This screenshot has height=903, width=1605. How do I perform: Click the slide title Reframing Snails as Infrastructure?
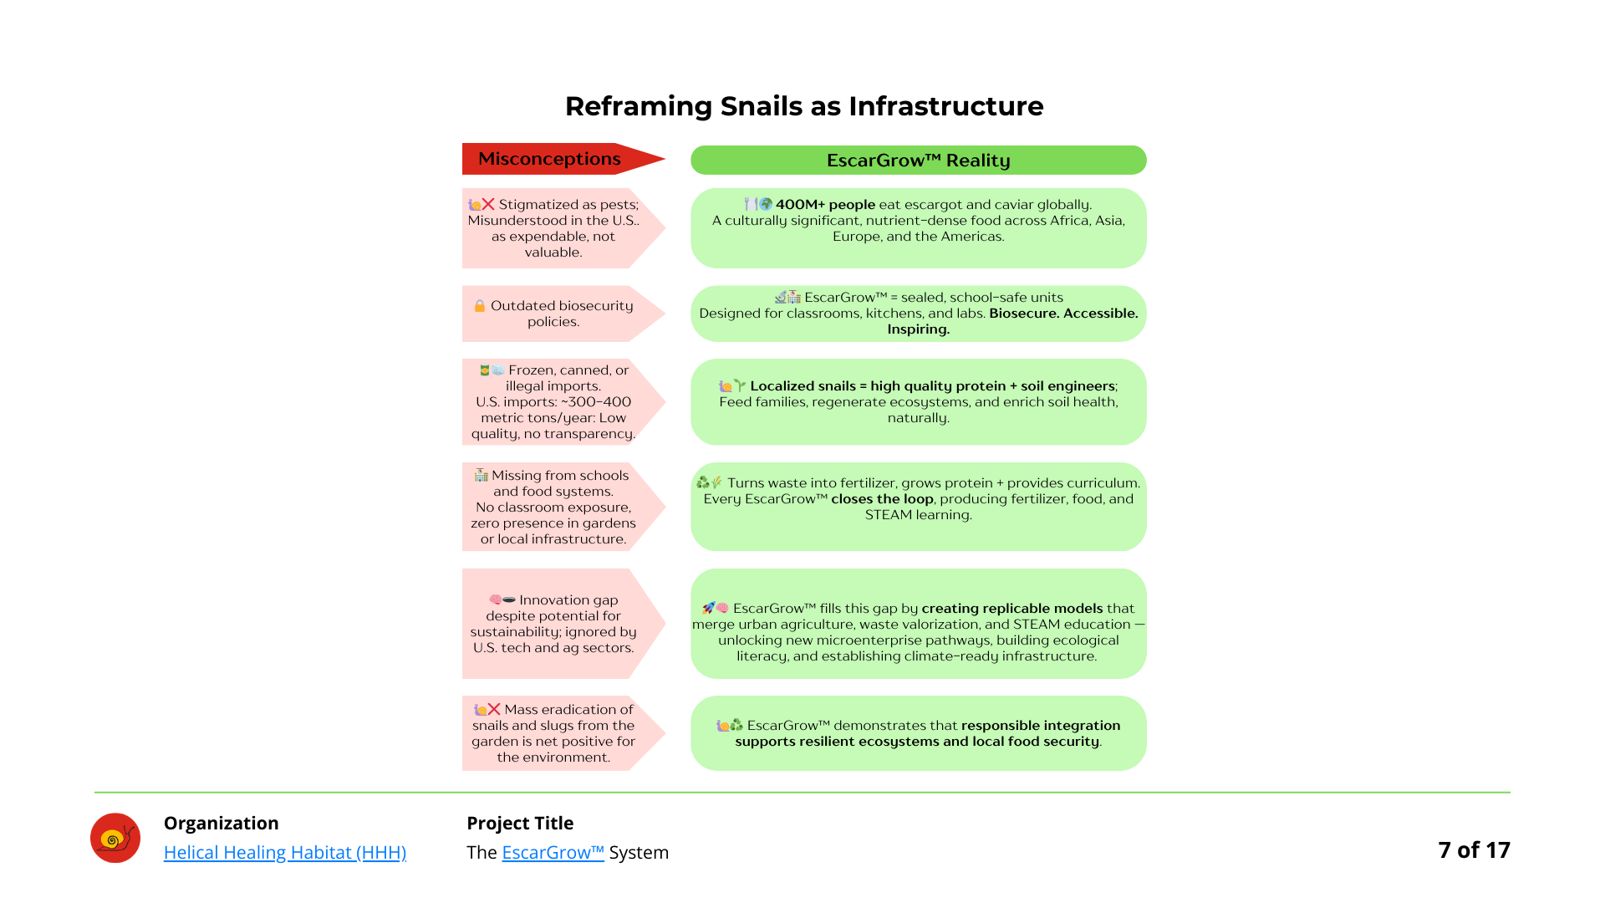coord(804,106)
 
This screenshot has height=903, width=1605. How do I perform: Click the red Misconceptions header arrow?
coord(563,159)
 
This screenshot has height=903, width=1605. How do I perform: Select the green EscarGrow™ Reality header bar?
coord(918,160)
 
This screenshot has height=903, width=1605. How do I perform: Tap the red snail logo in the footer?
coord(115,838)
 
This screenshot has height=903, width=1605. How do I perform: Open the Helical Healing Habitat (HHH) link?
coord(285,852)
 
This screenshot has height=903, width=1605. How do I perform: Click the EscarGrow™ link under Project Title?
coord(553,852)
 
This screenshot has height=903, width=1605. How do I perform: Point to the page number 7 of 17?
coord(1474,849)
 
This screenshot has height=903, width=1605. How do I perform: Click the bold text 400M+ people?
coord(825,204)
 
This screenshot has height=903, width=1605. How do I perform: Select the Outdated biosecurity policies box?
coord(563,314)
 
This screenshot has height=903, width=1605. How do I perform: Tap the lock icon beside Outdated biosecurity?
coord(480,306)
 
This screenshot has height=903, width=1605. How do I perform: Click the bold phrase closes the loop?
coord(882,499)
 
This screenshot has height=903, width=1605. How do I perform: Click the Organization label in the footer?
coord(222,823)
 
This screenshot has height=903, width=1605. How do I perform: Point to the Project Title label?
coord(520,823)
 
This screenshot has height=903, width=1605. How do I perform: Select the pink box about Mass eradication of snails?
coord(563,733)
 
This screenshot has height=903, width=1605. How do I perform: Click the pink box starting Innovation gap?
coord(563,624)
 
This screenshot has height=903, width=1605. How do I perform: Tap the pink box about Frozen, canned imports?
coord(563,401)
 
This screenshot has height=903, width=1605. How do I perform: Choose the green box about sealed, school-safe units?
coord(918,314)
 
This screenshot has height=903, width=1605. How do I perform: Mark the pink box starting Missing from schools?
coord(563,507)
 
